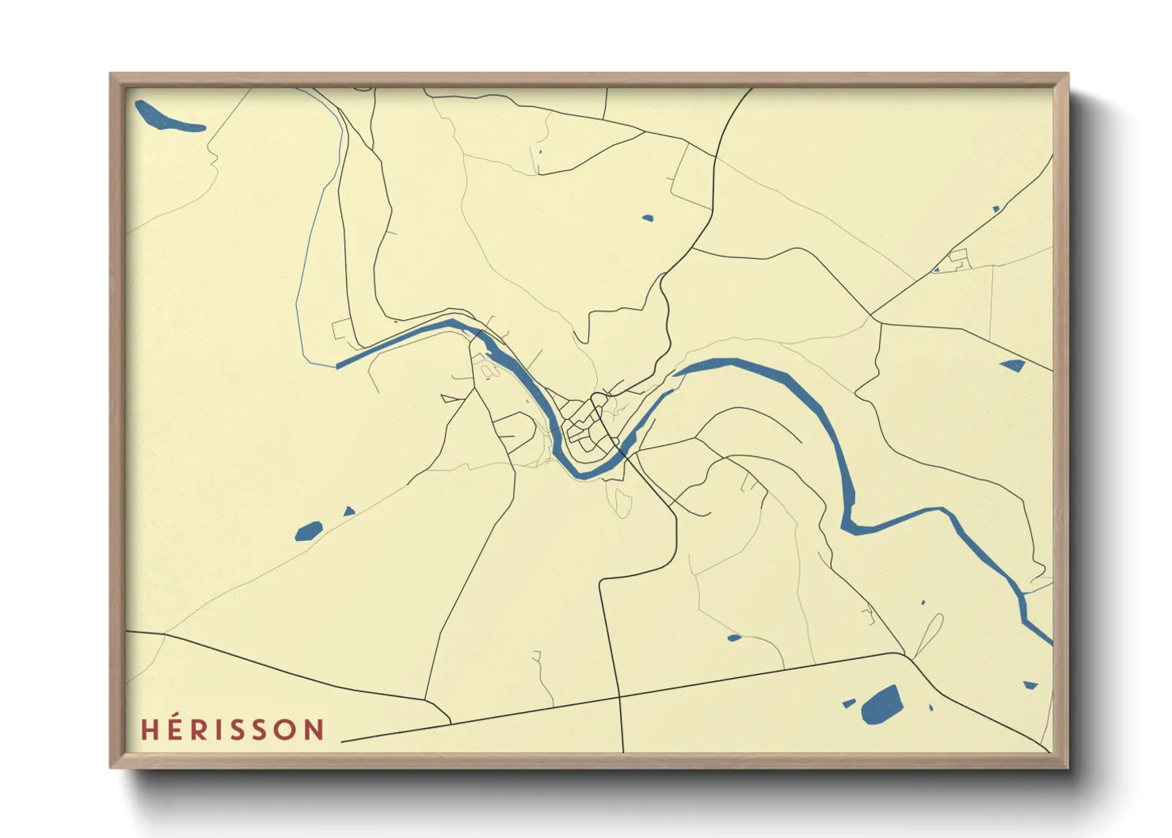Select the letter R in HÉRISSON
click(198, 729)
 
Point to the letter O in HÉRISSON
click(288, 729)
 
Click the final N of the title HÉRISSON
click(316, 729)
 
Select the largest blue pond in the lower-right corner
click(881, 705)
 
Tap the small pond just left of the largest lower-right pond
click(848, 703)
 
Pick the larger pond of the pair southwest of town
click(308, 531)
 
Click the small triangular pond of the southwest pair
click(348, 512)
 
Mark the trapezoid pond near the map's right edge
click(1013, 365)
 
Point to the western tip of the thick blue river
click(339, 366)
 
